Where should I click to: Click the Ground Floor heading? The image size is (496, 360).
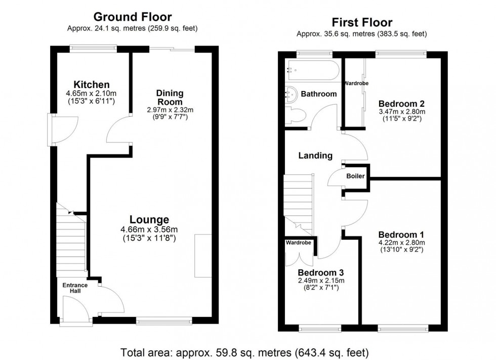(132, 18)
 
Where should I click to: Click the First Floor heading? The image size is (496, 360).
(361, 23)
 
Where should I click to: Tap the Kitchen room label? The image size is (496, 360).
(91, 84)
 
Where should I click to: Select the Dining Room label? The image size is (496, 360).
(170, 97)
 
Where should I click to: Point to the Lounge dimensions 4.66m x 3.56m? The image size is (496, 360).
(149, 229)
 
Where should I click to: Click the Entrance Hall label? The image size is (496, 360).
(75, 288)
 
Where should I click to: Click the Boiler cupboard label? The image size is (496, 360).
(355, 176)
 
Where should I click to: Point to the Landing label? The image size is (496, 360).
(315, 156)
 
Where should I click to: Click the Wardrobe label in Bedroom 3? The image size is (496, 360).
(298, 243)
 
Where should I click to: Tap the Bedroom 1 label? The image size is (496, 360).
(401, 235)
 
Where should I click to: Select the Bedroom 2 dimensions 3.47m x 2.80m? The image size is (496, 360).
(401, 112)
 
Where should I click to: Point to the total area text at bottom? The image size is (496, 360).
(248, 351)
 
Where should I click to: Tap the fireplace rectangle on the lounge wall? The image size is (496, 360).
(203, 255)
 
